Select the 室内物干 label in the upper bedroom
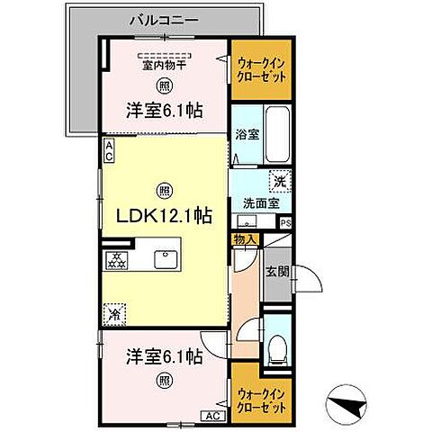(x=163, y=64)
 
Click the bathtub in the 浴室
(x=277, y=135)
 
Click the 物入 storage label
(x=245, y=238)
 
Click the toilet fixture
(x=277, y=345)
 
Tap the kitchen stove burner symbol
(x=116, y=261)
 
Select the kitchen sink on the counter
(x=166, y=260)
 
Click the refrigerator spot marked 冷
(x=114, y=314)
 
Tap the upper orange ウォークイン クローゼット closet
(x=262, y=70)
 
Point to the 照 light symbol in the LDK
(x=163, y=190)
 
